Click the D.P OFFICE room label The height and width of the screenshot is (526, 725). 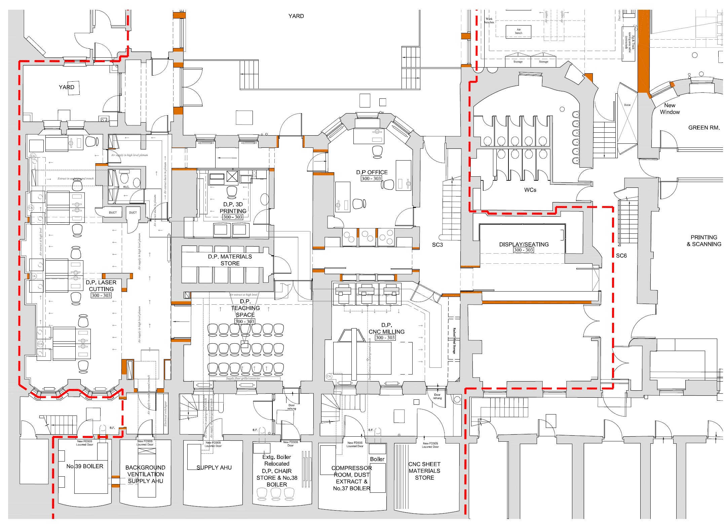click(372, 172)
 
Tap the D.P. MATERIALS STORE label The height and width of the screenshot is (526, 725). click(230, 260)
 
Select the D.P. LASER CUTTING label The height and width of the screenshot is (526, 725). click(101, 286)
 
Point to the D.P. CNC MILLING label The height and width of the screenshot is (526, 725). click(386, 328)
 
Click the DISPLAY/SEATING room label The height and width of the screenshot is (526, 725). click(524, 245)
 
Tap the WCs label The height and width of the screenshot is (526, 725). click(530, 190)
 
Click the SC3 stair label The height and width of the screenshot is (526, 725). click(437, 245)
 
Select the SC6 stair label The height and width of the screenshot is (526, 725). click(621, 256)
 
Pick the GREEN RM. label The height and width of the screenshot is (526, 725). click(704, 128)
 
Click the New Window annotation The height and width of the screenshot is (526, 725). click(670, 109)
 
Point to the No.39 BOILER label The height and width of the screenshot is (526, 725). click(85, 466)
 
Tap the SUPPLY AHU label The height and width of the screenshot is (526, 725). click(214, 468)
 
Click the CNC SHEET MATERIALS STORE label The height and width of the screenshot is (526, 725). click(424, 471)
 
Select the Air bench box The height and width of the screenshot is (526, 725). click(519, 31)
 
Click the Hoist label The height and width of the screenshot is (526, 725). click(627, 105)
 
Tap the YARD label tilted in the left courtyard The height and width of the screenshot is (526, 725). click(67, 87)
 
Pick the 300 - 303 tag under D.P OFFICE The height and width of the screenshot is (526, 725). click(371, 179)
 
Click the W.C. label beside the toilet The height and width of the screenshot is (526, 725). click(126, 187)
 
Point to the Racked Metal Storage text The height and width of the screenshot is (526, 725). click(454, 341)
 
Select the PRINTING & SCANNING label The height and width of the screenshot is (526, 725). click(704, 241)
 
